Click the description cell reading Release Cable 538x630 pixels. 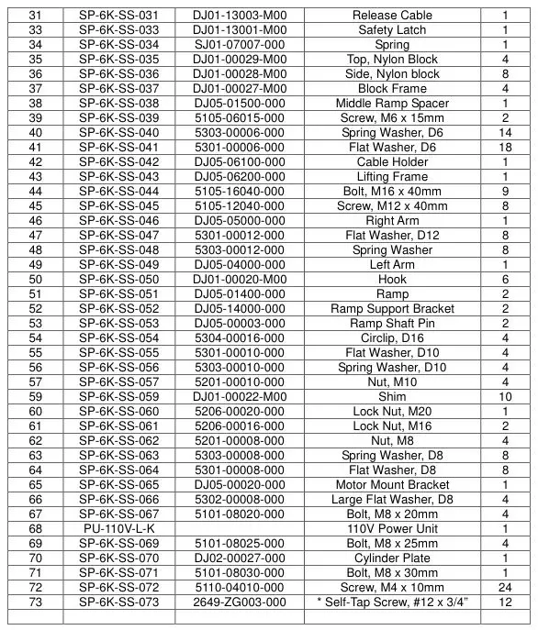pyautogui.click(x=392, y=16)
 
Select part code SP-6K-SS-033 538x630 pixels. pyautogui.click(x=118, y=30)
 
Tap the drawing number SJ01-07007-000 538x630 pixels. pyautogui.click(x=239, y=45)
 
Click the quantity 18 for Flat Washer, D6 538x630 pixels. pyautogui.click(x=504, y=148)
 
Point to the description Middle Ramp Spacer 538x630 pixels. pyautogui.click(x=392, y=104)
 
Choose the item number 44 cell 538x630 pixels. pyautogui.click(x=36, y=192)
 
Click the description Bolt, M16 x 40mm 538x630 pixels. pyautogui.click(x=392, y=192)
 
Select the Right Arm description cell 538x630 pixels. pyautogui.click(x=392, y=221)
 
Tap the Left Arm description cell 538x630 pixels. pyautogui.click(x=392, y=265)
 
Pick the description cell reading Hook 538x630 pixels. pyautogui.click(x=392, y=280)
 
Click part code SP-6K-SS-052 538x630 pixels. pyautogui.click(x=118, y=309)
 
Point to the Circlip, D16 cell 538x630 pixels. pyautogui.click(x=392, y=338)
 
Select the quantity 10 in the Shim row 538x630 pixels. pyautogui.click(x=504, y=397)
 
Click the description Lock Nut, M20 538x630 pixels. pyautogui.click(x=392, y=412)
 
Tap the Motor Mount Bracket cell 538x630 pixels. pyautogui.click(x=392, y=485)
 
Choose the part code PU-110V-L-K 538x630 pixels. pyautogui.click(x=118, y=529)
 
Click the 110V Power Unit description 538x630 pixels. pyautogui.click(x=392, y=529)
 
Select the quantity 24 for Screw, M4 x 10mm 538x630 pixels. pyautogui.click(x=504, y=588)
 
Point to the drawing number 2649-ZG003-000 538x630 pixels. pyautogui.click(x=239, y=602)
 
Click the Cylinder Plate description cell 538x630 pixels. pyautogui.click(x=392, y=558)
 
